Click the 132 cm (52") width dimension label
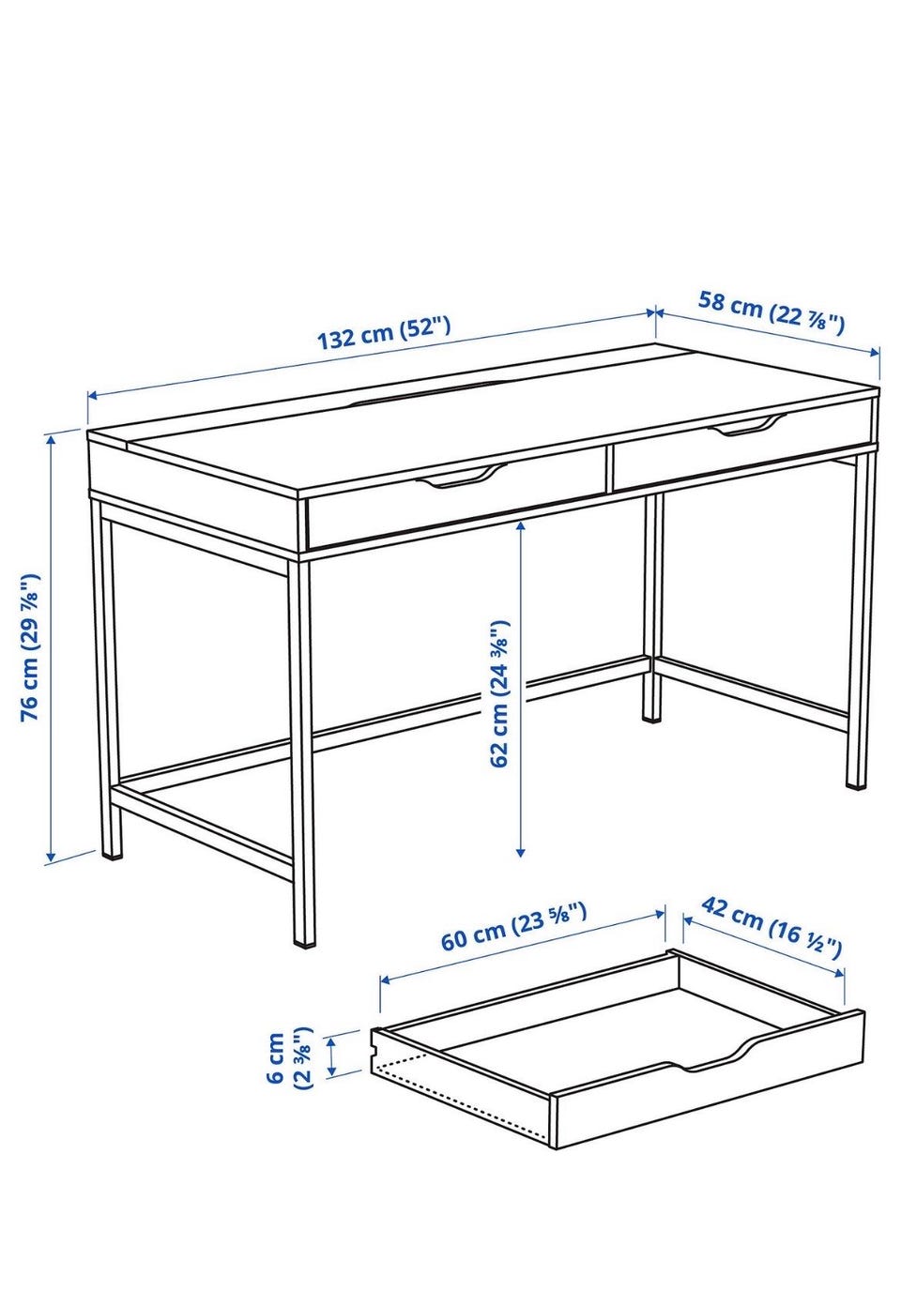pyautogui.click(x=384, y=332)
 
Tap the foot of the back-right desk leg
pyautogui.click(x=652, y=716)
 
